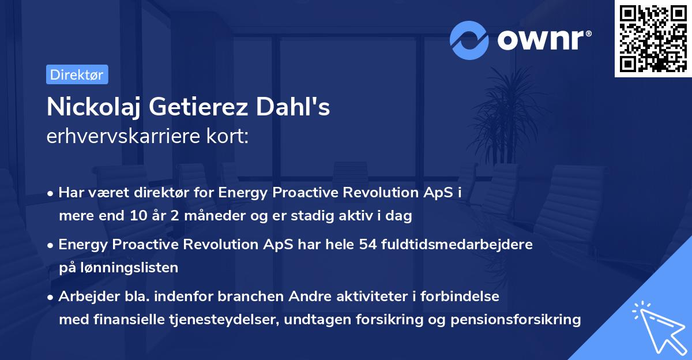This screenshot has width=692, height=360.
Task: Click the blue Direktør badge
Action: [77, 74]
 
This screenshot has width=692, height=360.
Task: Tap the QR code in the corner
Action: [653, 39]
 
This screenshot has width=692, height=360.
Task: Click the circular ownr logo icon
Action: [469, 40]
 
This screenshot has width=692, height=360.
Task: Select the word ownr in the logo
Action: [541, 40]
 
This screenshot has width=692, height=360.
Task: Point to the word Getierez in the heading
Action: [198, 107]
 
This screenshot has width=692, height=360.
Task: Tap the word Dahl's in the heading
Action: [293, 107]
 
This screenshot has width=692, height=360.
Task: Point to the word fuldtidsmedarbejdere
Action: [457, 244]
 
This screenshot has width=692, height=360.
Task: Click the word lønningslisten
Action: [129, 268]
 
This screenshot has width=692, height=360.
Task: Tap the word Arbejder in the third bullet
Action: [89, 297]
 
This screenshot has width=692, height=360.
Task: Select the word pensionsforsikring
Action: [516, 320]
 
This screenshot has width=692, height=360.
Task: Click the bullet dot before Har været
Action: [50, 194]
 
